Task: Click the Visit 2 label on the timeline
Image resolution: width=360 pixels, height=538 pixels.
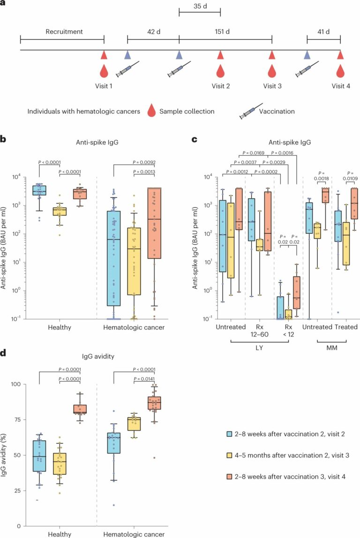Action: [221, 86]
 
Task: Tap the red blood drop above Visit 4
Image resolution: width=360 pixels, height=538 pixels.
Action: [340, 71]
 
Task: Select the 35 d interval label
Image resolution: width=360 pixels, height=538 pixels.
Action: [200, 6]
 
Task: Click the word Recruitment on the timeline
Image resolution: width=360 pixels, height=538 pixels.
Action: [64, 31]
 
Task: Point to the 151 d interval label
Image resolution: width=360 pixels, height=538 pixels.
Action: [222, 31]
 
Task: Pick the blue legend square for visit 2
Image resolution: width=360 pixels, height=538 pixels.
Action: [229, 434]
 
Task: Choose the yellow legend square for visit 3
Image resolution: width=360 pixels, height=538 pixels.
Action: [229, 456]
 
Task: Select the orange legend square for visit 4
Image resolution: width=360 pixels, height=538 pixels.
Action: [229, 477]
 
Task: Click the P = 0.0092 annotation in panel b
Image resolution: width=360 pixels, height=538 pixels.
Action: [144, 162]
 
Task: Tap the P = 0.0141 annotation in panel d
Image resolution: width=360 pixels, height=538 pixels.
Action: [144, 379]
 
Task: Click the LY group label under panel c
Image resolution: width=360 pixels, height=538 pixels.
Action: [259, 348]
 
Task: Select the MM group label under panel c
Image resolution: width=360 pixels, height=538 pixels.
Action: [332, 348]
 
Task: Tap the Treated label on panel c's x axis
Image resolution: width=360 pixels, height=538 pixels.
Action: [346, 327]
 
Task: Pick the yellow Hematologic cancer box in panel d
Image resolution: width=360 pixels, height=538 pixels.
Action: [134, 424]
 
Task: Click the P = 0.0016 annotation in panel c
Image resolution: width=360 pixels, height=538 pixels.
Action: [282, 153]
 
